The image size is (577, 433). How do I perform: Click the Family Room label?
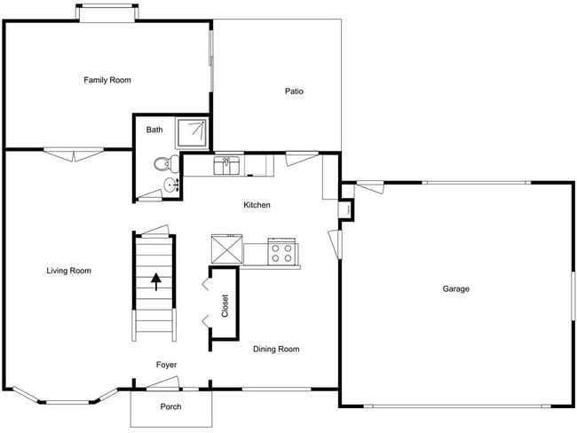[107, 81]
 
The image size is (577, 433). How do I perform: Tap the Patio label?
[295, 91]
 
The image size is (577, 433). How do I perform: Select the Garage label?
[456, 289]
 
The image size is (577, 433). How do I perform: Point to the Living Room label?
[68, 271]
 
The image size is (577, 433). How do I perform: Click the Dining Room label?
[276, 350]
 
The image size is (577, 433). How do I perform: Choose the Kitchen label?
[257, 206]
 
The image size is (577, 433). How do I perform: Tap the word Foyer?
[167, 365]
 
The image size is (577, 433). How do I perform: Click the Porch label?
[170, 407]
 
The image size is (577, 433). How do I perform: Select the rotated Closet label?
[225, 306]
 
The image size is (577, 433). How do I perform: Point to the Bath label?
[154, 130]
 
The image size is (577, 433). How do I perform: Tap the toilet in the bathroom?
[162, 164]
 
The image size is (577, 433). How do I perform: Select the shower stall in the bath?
[194, 133]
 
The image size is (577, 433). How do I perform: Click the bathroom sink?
[170, 185]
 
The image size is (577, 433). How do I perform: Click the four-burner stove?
[282, 251]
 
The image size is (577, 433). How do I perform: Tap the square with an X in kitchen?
[226, 249]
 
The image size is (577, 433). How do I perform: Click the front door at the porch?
[162, 383]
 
